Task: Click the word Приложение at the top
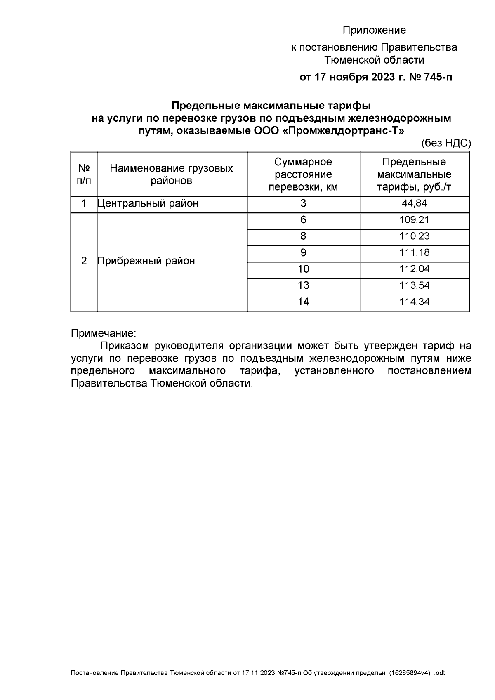(x=374, y=31)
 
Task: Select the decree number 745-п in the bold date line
(x=436, y=77)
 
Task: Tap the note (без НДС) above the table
(x=445, y=143)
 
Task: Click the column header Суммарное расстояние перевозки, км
(x=303, y=174)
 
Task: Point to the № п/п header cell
(x=84, y=174)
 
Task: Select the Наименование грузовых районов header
(x=172, y=174)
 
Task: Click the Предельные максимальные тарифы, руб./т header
(x=414, y=174)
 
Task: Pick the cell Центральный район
(x=148, y=203)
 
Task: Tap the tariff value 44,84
(x=414, y=203)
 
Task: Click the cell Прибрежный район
(x=146, y=261)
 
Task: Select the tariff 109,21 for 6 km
(x=414, y=220)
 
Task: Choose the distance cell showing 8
(x=303, y=236)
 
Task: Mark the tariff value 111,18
(x=414, y=252)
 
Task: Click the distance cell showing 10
(x=303, y=269)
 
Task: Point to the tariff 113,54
(x=414, y=285)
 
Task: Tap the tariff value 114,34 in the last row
(x=414, y=302)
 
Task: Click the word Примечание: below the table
(x=104, y=333)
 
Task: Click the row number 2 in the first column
(x=84, y=261)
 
